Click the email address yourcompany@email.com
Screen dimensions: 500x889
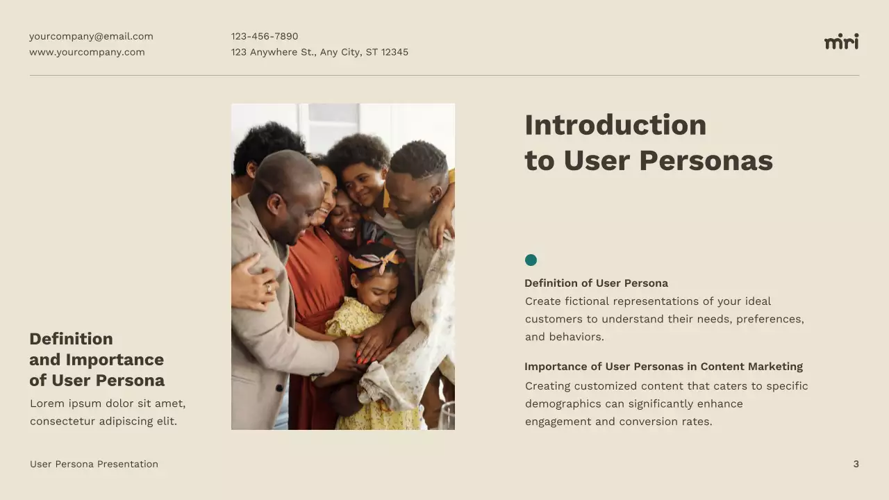coord(91,36)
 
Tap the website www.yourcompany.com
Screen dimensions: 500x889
coord(87,52)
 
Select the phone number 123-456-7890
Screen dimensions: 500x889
coord(265,36)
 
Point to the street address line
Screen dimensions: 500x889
coord(319,52)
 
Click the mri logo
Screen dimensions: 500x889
coord(841,42)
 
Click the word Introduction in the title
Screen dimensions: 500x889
coord(615,125)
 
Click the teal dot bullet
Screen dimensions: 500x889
coord(531,260)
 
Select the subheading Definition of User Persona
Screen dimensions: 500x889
coord(596,283)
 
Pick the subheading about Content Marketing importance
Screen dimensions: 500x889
coord(663,367)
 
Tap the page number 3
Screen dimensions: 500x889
coord(856,464)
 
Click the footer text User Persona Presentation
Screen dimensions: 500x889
coord(94,464)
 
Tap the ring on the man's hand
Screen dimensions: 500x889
coord(269,288)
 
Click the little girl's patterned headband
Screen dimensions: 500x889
coord(376,260)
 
